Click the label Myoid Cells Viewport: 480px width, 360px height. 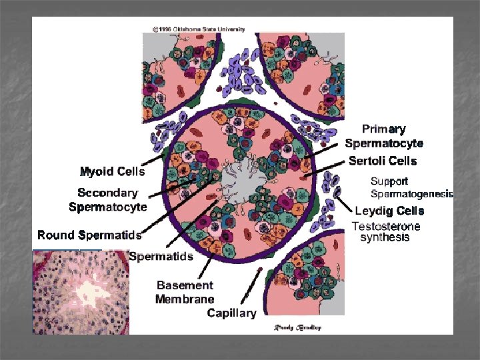112,171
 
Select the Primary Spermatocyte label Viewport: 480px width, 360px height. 384,136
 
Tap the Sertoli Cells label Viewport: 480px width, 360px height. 383,161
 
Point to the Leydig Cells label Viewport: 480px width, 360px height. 389,211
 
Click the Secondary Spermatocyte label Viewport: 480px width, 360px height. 108,200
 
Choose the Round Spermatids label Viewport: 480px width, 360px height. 89,235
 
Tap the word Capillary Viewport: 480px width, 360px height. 231,313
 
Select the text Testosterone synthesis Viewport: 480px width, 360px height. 386,232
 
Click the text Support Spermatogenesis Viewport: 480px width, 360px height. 411,187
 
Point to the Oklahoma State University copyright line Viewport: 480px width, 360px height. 198,29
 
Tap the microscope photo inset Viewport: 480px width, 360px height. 80,292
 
